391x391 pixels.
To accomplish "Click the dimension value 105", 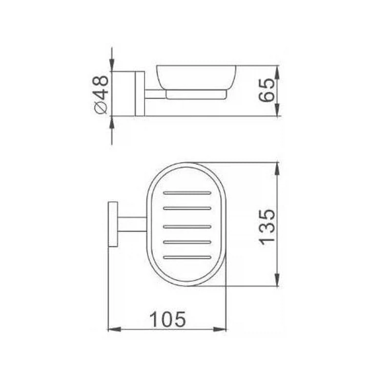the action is pyautogui.click(x=168, y=319).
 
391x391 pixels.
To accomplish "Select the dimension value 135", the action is pyautogui.click(x=267, y=227).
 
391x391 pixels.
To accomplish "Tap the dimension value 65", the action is pyautogui.click(x=267, y=90).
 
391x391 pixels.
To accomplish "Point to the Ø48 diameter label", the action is pyautogui.click(x=101, y=95).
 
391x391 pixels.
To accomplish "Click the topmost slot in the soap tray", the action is pyautogui.click(x=187, y=193).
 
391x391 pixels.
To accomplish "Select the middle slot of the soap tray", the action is pyautogui.click(x=187, y=226).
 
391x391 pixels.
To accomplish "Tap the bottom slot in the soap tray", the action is pyautogui.click(x=187, y=257).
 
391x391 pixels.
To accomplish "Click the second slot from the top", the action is pyautogui.click(x=187, y=208).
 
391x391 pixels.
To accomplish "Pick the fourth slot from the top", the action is pyautogui.click(x=187, y=242).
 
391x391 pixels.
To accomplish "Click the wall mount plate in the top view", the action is pyautogui.click(x=113, y=224).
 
